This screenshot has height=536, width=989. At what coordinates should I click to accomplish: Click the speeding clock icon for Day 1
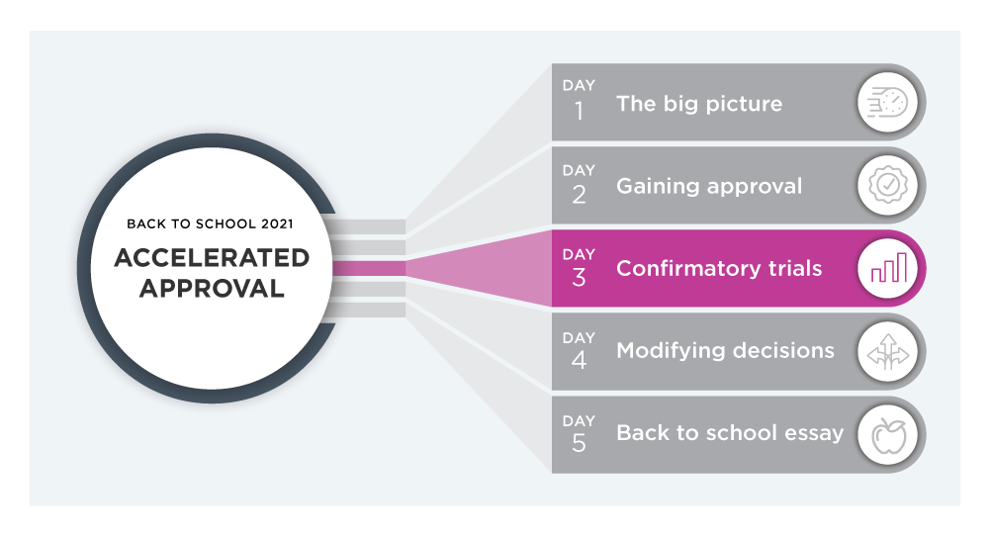coord(887,103)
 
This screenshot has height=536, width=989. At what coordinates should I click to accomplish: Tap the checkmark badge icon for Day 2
coord(888,185)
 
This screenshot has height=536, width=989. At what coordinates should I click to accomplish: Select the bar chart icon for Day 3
coord(889,267)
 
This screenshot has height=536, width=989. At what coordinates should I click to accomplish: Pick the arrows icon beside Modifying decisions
coord(888,351)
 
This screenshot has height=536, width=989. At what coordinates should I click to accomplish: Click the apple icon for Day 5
coord(889,435)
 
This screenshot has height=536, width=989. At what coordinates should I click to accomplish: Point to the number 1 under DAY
coord(579,112)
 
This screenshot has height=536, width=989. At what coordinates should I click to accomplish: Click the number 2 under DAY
coord(579,195)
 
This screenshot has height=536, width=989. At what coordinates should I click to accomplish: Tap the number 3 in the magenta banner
coord(579,278)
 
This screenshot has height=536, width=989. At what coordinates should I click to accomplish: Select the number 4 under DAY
coord(579,360)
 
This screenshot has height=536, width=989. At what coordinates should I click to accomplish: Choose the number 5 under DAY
coord(579,443)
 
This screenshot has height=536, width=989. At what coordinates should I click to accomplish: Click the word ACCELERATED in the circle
coord(212,257)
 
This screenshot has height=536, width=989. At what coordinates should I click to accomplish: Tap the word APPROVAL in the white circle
coord(212,288)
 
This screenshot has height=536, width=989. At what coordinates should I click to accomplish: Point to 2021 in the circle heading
coord(278,223)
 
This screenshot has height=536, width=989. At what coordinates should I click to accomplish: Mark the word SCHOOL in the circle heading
coord(225,223)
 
